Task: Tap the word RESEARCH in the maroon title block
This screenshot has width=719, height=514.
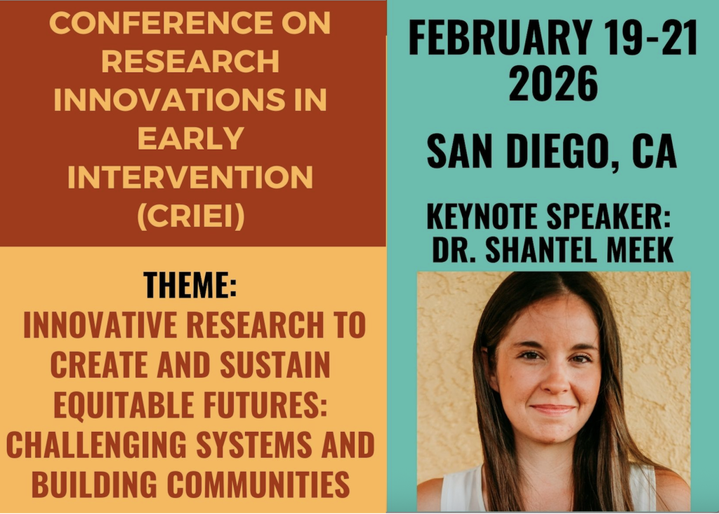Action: click(x=190, y=61)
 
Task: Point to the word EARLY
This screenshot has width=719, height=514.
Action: click(x=190, y=138)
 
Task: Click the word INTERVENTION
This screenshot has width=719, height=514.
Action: click(x=190, y=177)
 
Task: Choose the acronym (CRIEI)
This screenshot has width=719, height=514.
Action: click(x=191, y=216)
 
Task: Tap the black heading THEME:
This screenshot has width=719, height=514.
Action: click(x=190, y=285)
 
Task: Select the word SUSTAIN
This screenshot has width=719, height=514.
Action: click(x=275, y=364)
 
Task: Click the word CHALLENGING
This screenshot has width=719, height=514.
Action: click(x=96, y=444)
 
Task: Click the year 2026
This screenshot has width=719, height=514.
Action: click(x=553, y=83)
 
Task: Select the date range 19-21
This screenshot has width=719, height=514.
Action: click(x=650, y=37)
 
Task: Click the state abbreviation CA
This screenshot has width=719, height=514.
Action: click(x=654, y=151)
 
